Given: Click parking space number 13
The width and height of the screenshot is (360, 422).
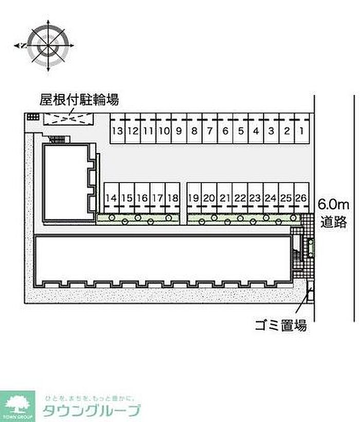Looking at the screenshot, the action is click(x=118, y=131).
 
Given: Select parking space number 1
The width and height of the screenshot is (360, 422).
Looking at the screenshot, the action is click(x=302, y=131).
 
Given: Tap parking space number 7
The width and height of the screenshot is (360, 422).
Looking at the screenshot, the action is click(x=210, y=131).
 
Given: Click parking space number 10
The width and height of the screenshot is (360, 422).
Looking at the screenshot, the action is click(x=164, y=131).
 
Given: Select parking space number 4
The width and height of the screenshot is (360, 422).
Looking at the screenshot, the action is click(x=256, y=131).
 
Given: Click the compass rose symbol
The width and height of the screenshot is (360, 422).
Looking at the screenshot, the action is click(x=48, y=45).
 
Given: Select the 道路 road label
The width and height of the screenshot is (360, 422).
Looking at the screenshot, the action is click(x=335, y=223).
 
